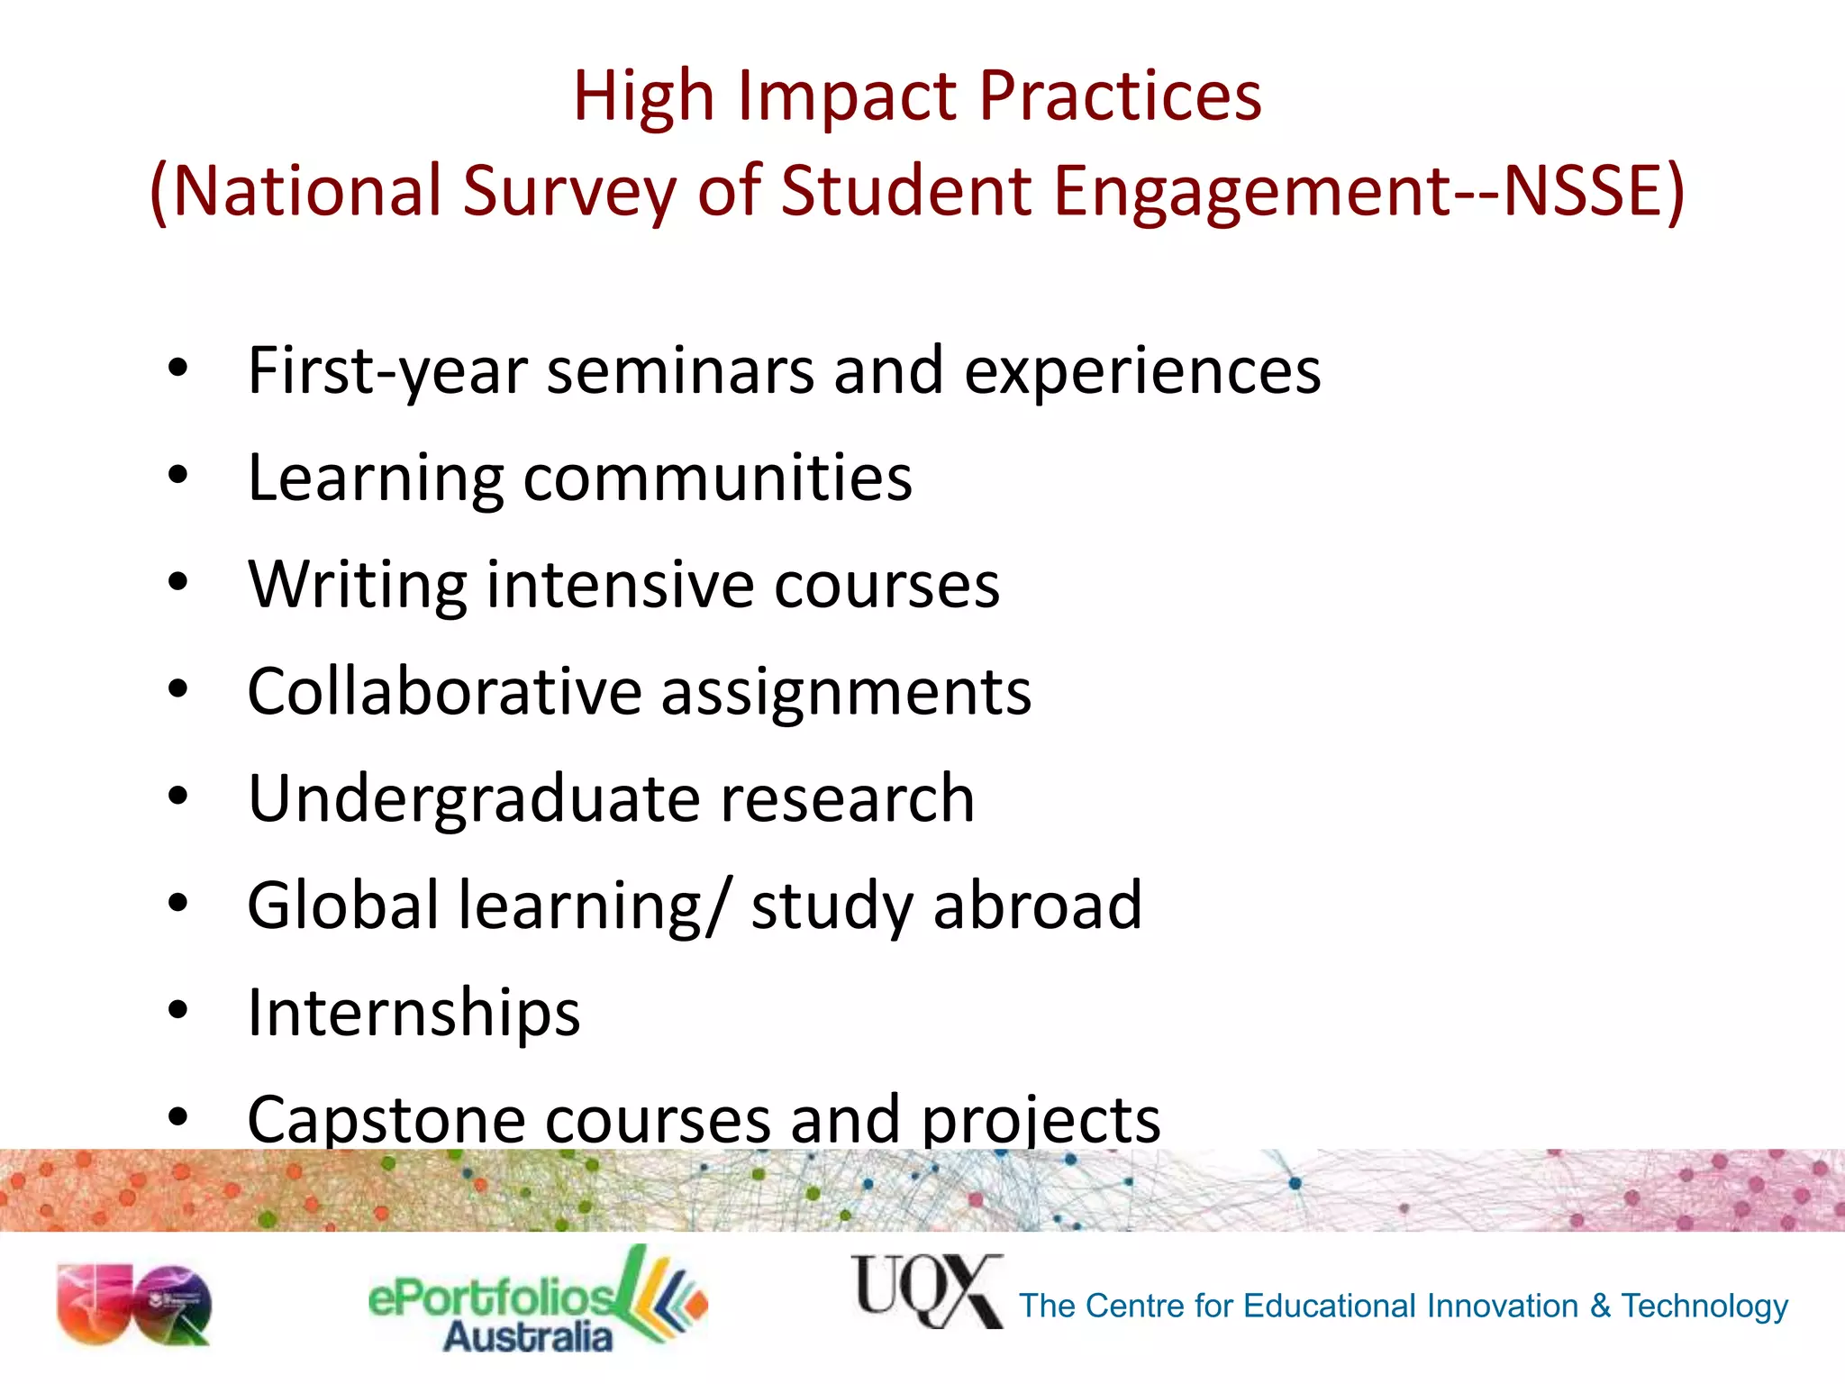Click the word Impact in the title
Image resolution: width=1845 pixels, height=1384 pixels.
(849, 97)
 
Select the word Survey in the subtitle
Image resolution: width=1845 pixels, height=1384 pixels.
(568, 191)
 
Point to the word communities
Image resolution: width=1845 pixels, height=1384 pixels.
(717, 478)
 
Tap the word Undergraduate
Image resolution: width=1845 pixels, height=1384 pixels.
(473, 799)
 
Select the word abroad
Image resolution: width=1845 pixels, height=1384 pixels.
(1037, 906)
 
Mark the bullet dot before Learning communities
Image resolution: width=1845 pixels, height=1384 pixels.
(177, 476)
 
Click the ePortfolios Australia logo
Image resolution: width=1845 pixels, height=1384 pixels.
(537, 1301)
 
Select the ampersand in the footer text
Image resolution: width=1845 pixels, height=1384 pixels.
(1600, 1306)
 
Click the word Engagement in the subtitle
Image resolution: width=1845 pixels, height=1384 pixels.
(1250, 191)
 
